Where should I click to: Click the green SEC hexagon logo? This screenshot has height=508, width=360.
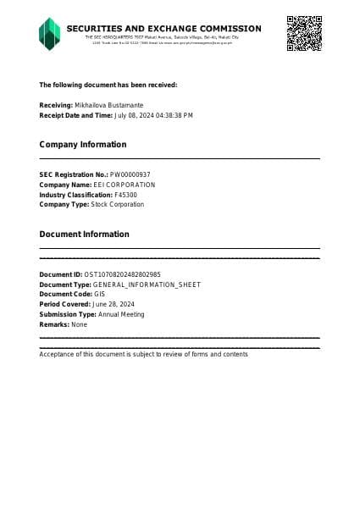pyautogui.click(x=50, y=34)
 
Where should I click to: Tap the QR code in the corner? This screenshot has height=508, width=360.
pyautogui.click(x=303, y=33)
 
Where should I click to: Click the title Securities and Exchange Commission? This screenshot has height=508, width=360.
pyautogui.click(x=163, y=29)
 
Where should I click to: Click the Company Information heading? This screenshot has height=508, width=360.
pyautogui.click(x=83, y=145)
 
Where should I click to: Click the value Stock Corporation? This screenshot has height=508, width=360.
pyautogui.click(x=118, y=205)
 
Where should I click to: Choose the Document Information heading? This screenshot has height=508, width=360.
pyautogui.click(x=85, y=235)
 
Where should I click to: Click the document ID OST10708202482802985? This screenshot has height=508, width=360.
pyautogui.click(x=123, y=274)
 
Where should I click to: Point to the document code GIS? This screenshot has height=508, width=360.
pyautogui.click(x=99, y=295)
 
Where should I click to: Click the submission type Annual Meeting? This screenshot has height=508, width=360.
pyautogui.click(x=122, y=314)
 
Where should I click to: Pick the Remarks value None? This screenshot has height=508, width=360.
pyautogui.click(x=79, y=324)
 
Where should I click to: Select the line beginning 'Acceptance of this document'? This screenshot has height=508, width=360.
pyautogui.click(x=143, y=354)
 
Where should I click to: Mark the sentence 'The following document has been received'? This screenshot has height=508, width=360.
pyautogui.click(x=108, y=85)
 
